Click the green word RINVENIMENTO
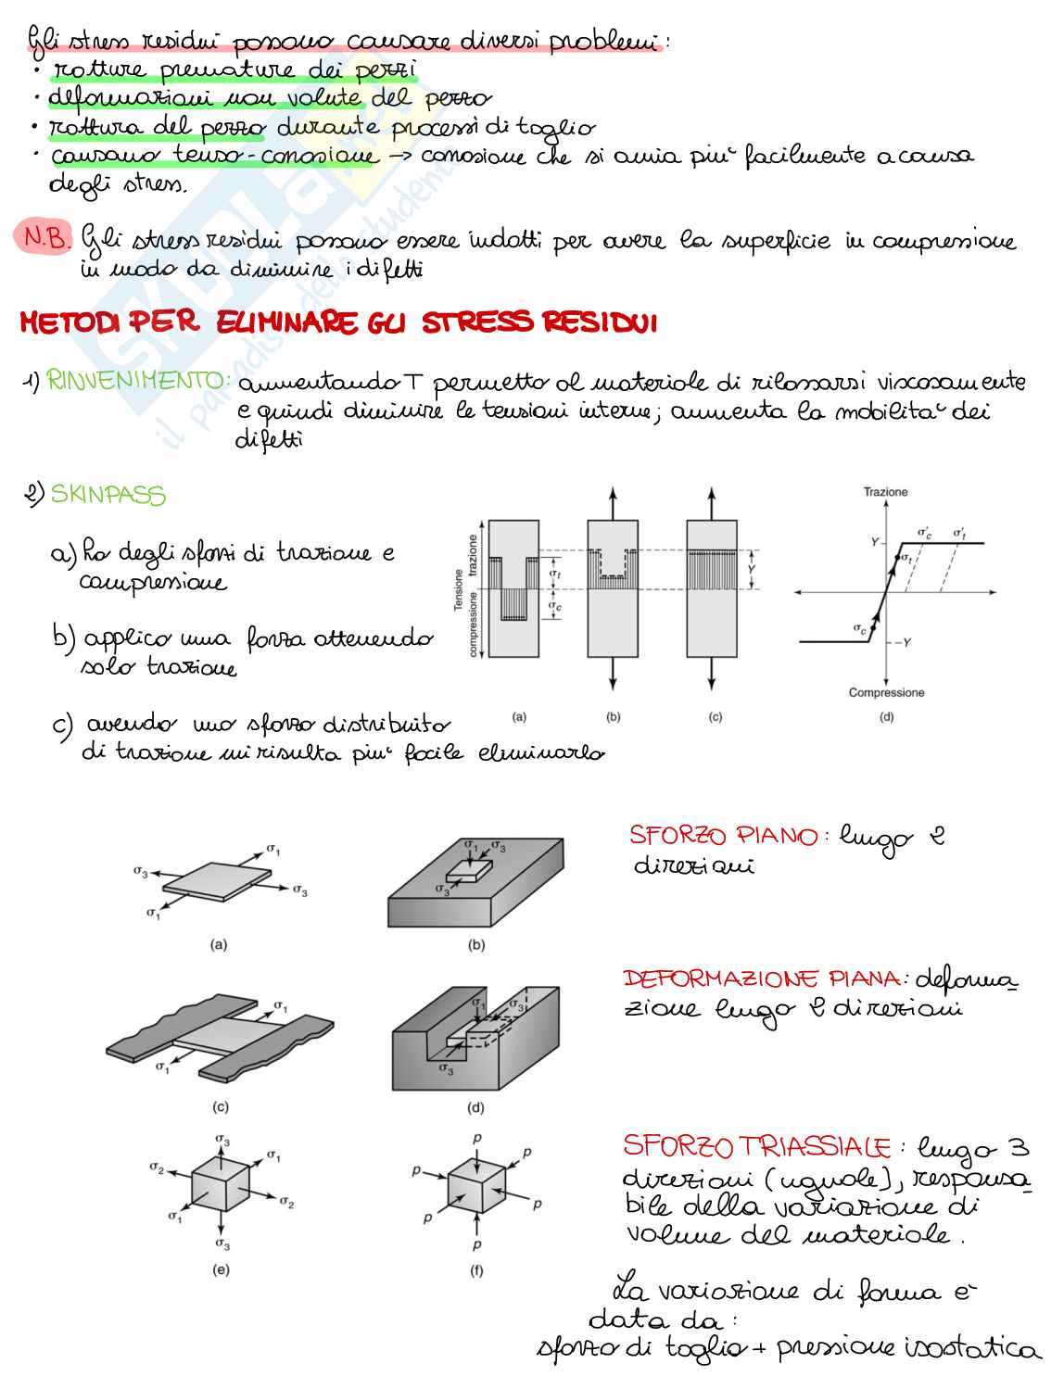pyautogui.click(x=138, y=380)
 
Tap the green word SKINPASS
pyautogui.click(x=108, y=495)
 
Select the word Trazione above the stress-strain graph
pyautogui.click(x=885, y=492)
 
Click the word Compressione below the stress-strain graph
pyautogui.click(x=886, y=692)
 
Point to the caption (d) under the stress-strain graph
pyautogui.click(x=886, y=716)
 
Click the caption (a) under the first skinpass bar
pyautogui.click(x=519, y=716)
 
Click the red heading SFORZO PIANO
pyautogui.click(x=723, y=836)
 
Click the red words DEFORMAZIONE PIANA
pyautogui.click(x=761, y=979)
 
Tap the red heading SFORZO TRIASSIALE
pyautogui.click(x=756, y=1146)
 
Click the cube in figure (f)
pyautogui.click(x=475, y=1189)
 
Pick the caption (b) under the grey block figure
pyautogui.click(x=476, y=945)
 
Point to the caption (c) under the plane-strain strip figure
pyautogui.click(x=221, y=1106)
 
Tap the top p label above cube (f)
pyautogui.click(x=476, y=1138)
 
